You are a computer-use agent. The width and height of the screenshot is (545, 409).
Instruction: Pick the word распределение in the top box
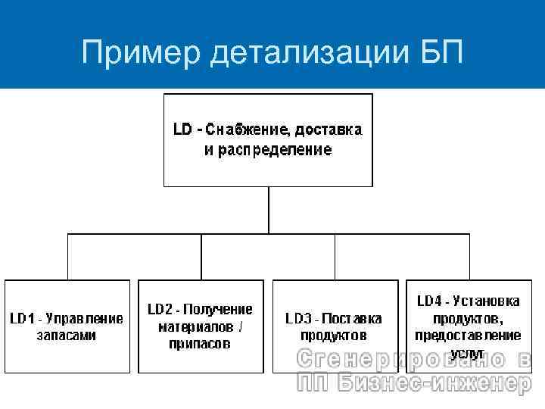pyautogui.click(x=276, y=149)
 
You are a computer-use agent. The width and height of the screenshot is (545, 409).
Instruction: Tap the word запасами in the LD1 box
pyautogui.click(x=67, y=335)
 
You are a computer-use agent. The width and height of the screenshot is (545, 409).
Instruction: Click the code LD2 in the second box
pyautogui.click(x=161, y=309)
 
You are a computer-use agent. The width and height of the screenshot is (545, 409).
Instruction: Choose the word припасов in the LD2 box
pyautogui.click(x=200, y=344)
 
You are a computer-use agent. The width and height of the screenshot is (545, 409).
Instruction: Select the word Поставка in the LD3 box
pyautogui.click(x=353, y=317)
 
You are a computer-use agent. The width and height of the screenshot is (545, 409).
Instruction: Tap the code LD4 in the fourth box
pyautogui.click(x=431, y=301)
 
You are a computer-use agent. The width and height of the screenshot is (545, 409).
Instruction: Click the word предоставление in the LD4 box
pyautogui.click(x=467, y=335)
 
